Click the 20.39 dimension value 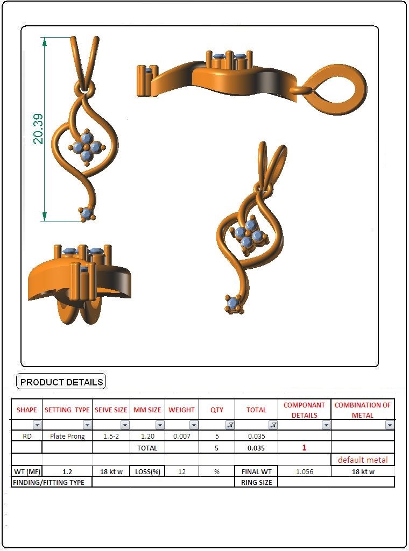[x=38, y=128]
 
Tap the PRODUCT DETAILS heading [x=61, y=382]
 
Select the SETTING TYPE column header [x=67, y=410]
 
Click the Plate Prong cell [x=67, y=436]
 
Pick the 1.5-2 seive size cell [x=111, y=436]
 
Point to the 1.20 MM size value [x=147, y=436]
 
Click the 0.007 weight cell [x=181, y=436]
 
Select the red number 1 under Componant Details [x=304, y=448]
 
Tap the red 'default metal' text [x=363, y=460]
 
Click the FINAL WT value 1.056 [x=304, y=471]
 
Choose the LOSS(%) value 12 [x=181, y=471]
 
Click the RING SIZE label [x=256, y=483]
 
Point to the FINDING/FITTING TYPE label [x=48, y=483]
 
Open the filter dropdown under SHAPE [x=37, y=425]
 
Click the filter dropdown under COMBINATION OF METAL [x=390, y=425]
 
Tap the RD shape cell [x=27, y=436]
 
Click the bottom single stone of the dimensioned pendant [x=86, y=213]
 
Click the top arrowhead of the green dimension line [x=44, y=41]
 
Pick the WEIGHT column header [x=181, y=410]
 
